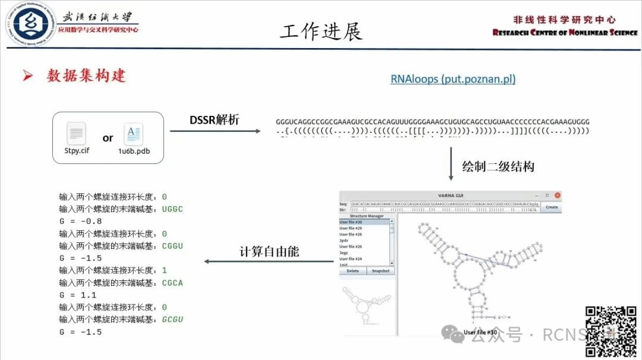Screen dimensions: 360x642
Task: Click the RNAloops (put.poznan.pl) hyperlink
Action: [x=453, y=79]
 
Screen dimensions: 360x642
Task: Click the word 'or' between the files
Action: [x=108, y=138]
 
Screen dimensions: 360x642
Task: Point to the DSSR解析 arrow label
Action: [x=215, y=119]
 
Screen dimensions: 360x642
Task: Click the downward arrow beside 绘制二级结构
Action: [x=451, y=166]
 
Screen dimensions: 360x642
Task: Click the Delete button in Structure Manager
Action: [x=353, y=271]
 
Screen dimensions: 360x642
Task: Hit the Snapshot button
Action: [x=380, y=271]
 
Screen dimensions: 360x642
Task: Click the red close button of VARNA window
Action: [x=557, y=195]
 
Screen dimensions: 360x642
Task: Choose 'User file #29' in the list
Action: [x=351, y=228]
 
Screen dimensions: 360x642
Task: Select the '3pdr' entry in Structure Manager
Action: [x=344, y=241]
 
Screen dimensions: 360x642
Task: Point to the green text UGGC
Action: [x=172, y=209]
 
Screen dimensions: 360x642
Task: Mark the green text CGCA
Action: [x=172, y=283]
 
